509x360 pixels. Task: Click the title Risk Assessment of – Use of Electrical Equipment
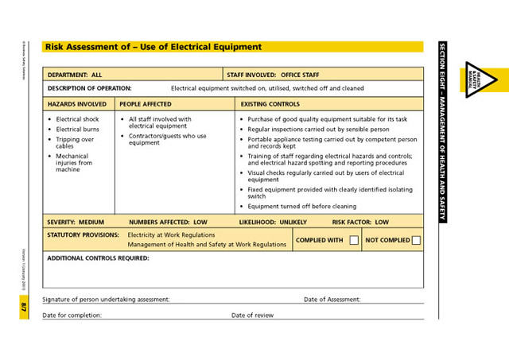[153, 47]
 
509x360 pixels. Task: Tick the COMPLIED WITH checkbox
[354, 240]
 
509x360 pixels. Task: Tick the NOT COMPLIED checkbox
[416, 240]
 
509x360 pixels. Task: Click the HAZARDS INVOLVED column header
[77, 103]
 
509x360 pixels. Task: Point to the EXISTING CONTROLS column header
[270, 103]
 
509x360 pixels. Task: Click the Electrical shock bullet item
[77, 119]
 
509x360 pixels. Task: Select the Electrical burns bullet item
[78, 129]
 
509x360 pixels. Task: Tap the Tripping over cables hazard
[75, 142]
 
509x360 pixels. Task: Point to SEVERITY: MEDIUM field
[76, 222]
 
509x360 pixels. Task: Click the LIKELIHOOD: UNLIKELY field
[272, 222]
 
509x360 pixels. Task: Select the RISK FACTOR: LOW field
[360, 222]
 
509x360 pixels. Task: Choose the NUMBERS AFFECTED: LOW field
[168, 222]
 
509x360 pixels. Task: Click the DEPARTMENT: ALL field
[75, 74]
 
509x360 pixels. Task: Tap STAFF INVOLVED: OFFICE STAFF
[273, 74]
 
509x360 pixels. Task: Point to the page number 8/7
[24, 306]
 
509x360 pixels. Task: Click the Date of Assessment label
[332, 300]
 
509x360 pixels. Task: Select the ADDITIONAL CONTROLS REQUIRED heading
[98, 257]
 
